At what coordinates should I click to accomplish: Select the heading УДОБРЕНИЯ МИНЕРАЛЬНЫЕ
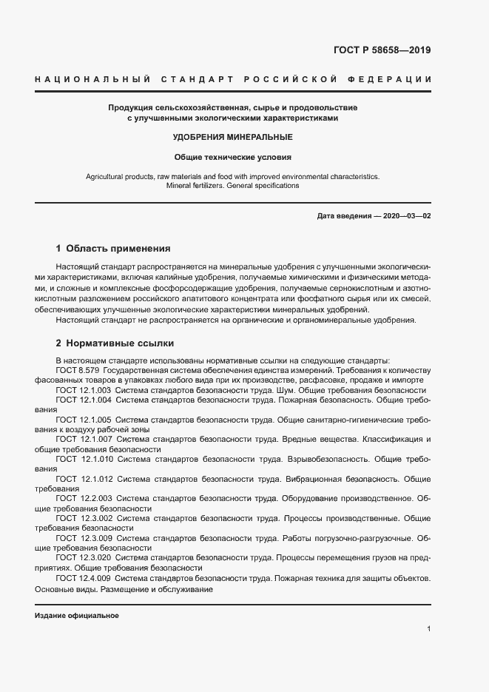click(233, 137)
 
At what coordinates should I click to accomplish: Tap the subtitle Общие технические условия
click(233, 157)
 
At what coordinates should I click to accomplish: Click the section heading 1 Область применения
click(113, 248)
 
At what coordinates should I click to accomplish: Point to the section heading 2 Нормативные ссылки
click(115, 343)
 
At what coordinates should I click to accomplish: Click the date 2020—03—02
click(405, 215)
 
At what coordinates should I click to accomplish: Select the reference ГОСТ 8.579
click(77, 369)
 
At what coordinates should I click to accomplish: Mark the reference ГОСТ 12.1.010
click(84, 459)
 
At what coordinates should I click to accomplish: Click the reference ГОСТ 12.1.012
click(84, 479)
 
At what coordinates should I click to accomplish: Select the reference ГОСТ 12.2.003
click(84, 499)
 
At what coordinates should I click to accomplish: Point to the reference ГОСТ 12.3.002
click(84, 518)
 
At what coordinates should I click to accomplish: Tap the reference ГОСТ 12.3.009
click(84, 537)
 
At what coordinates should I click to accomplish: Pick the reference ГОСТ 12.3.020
click(84, 557)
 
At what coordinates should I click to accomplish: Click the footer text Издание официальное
click(77, 616)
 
